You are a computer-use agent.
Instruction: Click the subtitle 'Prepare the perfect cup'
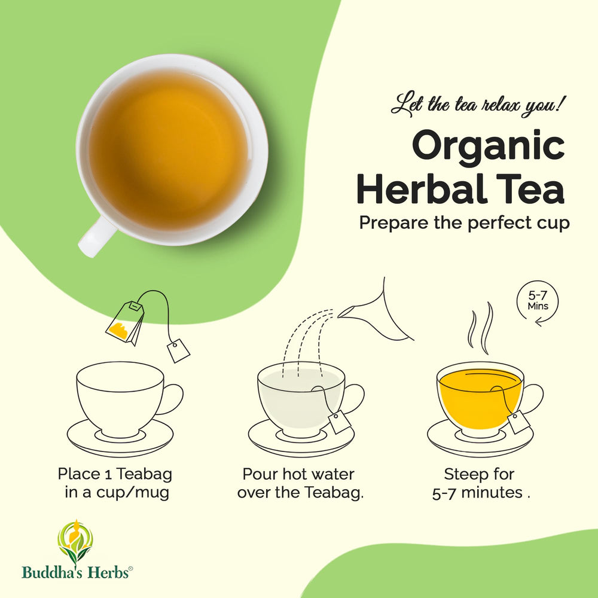(x=464, y=223)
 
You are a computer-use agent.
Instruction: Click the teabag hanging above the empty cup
(x=125, y=322)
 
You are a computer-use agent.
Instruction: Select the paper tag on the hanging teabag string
(x=178, y=350)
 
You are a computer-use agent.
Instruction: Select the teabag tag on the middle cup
(x=340, y=422)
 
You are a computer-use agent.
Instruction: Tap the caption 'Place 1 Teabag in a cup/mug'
(x=115, y=484)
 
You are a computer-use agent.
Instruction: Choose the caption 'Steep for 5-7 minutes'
(x=481, y=484)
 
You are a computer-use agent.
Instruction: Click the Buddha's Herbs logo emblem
(x=75, y=542)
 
